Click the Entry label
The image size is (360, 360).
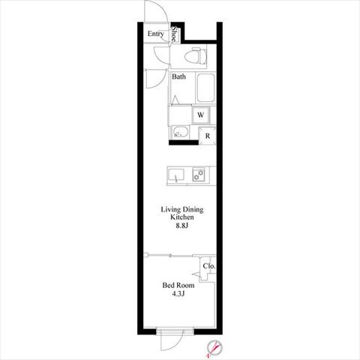[x=155, y=34]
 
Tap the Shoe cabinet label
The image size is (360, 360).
[x=174, y=34]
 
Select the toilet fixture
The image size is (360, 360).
[x=196, y=55]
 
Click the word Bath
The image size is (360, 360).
[x=178, y=76]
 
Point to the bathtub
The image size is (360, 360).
[x=205, y=88]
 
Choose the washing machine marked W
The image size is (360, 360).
[x=200, y=115]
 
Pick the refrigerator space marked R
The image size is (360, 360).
[x=208, y=136]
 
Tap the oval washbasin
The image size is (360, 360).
[x=181, y=132]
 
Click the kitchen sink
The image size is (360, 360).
[x=176, y=175]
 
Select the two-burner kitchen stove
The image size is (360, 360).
[x=199, y=174]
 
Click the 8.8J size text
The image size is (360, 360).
[x=181, y=226]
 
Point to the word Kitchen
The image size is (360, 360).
[x=182, y=217]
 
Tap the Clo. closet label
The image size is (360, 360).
[x=209, y=266]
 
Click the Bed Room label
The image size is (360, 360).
[x=178, y=285]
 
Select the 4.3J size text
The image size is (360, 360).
[x=178, y=294]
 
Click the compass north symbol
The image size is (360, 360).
[x=214, y=348]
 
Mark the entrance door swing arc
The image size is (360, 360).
[x=163, y=7]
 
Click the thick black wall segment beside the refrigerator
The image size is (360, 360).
[x=184, y=142]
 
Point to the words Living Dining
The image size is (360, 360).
[x=182, y=209]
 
